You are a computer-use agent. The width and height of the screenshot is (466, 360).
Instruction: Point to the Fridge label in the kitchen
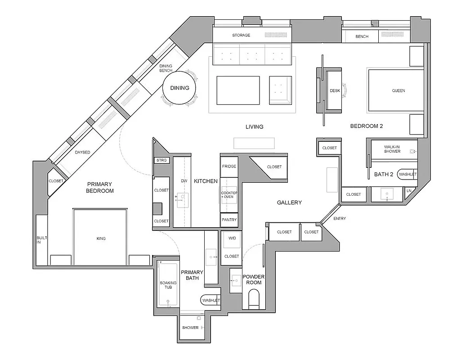(229, 166)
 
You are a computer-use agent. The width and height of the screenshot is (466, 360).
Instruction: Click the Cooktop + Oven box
(229, 195)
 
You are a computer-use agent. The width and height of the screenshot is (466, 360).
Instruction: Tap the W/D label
(232, 238)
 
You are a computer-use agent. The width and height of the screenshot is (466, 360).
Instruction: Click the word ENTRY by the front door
(340, 219)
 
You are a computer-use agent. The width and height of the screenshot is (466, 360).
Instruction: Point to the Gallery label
(289, 202)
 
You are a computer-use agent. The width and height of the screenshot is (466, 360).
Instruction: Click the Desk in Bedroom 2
(335, 91)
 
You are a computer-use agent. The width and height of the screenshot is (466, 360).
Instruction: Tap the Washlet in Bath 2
(408, 174)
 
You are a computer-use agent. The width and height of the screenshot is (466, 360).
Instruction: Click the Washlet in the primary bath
(211, 300)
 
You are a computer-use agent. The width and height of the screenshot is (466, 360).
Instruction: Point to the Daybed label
(82, 153)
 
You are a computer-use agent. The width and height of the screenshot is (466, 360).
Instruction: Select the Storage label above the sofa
(241, 35)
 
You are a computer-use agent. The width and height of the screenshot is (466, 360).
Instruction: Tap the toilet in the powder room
(254, 299)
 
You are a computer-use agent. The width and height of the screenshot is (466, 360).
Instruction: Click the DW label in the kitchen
(184, 181)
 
